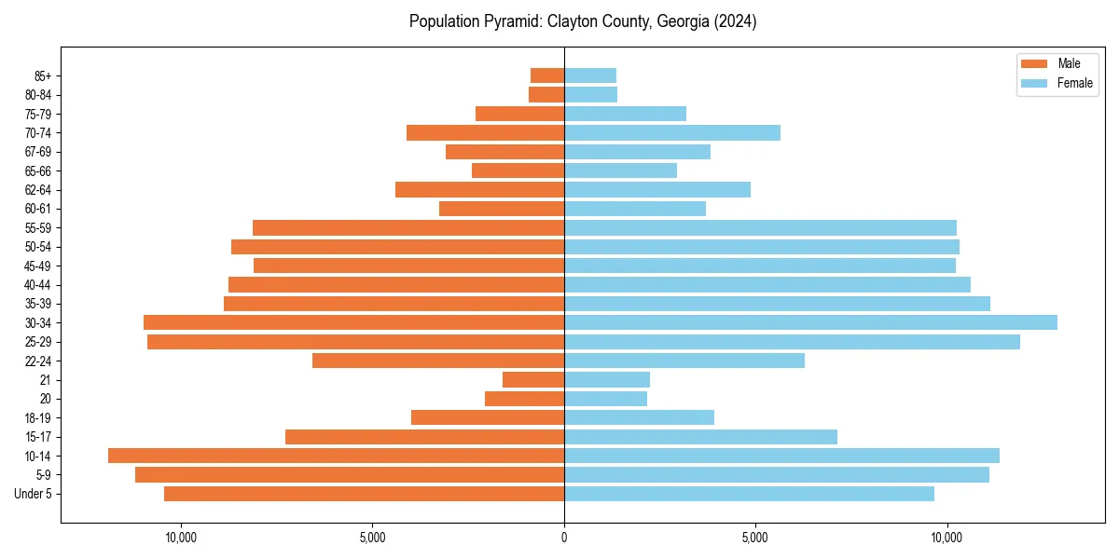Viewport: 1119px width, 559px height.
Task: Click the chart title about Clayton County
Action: [x=583, y=21]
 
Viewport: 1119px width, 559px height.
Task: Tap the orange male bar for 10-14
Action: [x=336, y=456]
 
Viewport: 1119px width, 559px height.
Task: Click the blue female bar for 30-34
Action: [x=810, y=322]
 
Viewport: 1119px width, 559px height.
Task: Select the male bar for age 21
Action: [x=533, y=379]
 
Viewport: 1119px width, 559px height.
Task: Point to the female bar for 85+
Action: [x=590, y=75]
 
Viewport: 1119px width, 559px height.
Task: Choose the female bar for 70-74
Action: [x=672, y=132]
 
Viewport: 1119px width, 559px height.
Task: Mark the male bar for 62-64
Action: [x=479, y=189]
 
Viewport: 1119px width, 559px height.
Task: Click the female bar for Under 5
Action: [x=749, y=494]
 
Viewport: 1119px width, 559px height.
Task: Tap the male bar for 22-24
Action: [x=438, y=361]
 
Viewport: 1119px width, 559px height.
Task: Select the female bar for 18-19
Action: [x=639, y=417]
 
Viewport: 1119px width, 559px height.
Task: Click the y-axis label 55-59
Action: [x=39, y=227]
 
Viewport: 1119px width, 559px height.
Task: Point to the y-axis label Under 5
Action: [x=34, y=494]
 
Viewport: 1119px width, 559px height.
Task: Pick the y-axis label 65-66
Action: [x=39, y=170]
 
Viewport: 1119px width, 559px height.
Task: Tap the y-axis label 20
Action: [x=46, y=399]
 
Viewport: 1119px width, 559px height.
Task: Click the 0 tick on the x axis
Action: [x=564, y=538]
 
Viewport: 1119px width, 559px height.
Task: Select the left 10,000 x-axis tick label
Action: [x=180, y=538]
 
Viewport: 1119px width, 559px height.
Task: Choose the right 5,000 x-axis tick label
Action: [x=755, y=538]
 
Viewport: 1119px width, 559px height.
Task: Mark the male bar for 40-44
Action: [x=396, y=284]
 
